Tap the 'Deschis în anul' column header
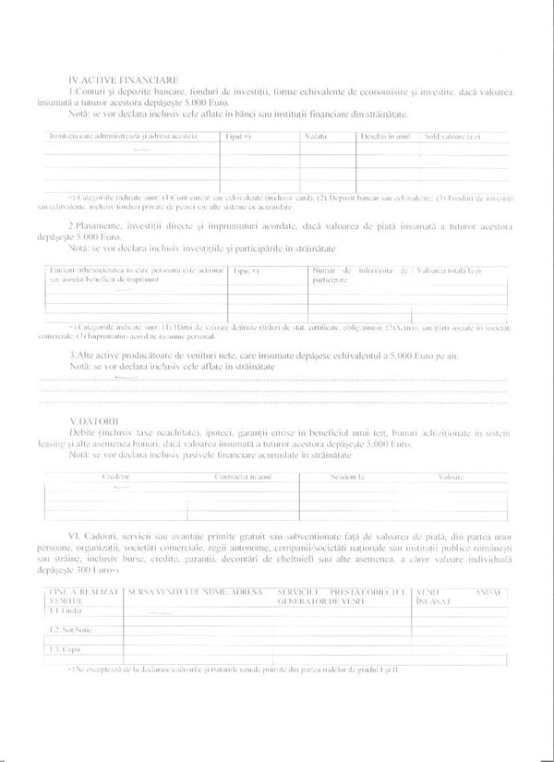click(385, 137)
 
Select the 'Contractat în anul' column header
click(243, 477)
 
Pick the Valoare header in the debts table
click(452, 477)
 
